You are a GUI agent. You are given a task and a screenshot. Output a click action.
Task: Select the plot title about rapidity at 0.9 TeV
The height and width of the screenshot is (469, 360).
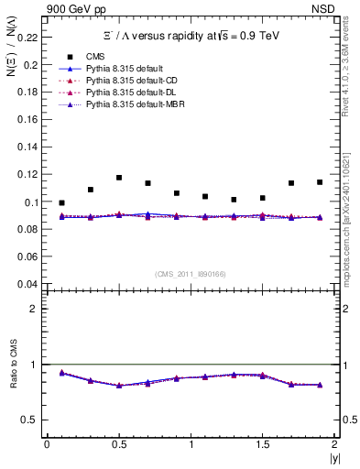(190, 36)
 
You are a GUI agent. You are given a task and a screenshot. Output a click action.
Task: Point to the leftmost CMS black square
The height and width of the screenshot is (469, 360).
(61, 202)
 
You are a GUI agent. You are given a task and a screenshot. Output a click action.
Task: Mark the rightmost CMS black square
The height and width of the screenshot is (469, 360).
(320, 182)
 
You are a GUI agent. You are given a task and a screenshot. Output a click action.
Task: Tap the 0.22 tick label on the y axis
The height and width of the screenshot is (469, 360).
(27, 38)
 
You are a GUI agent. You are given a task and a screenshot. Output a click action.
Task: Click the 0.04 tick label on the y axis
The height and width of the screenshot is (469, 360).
(27, 284)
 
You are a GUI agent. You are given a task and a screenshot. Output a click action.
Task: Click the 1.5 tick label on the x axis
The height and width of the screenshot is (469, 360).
(262, 444)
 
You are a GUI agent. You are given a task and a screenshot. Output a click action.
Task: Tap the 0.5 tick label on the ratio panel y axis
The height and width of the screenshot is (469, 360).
(29, 420)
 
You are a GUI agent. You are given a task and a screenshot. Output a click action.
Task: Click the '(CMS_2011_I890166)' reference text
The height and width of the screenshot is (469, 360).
(191, 274)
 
